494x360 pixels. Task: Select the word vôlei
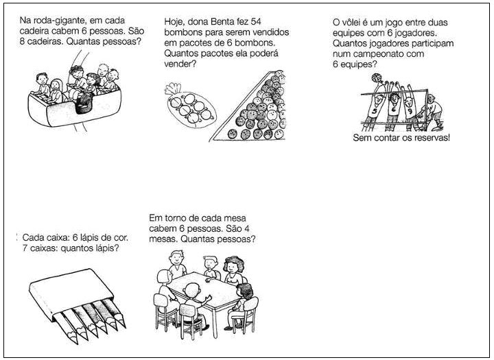click(x=355, y=23)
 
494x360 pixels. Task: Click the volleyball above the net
click(x=376, y=77)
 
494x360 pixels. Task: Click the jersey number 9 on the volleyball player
click(x=409, y=111)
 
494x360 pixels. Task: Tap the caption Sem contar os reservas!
click(x=401, y=138)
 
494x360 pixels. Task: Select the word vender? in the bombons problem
click(x=180, y=64)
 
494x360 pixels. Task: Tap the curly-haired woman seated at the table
click(x=233, y=271)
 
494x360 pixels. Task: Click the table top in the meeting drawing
click(x=204, y=288)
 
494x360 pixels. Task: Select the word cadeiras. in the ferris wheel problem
click(x=42, y=42)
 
